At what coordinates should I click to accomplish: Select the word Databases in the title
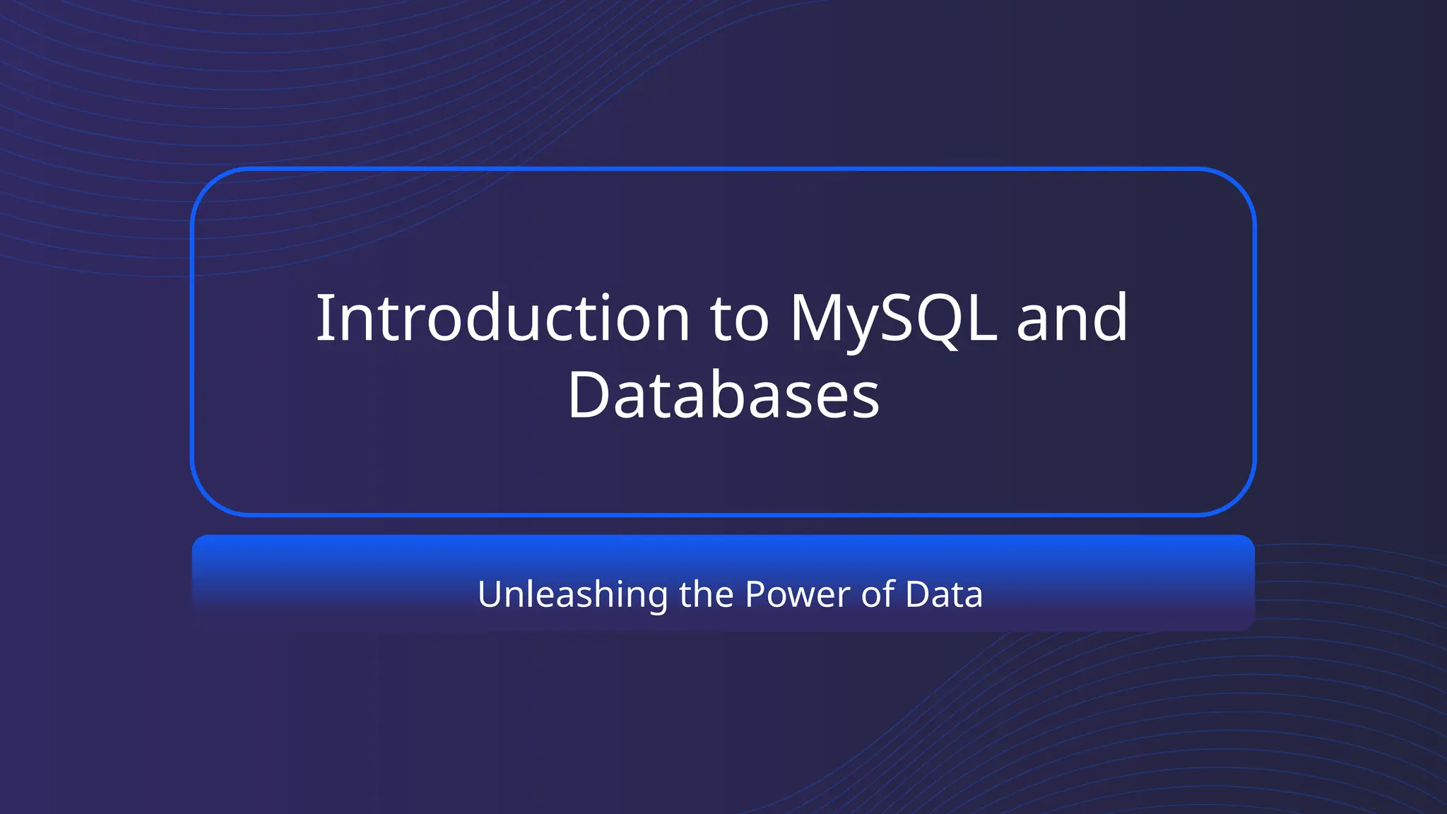(723, 395)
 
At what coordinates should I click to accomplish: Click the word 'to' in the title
(739, 319)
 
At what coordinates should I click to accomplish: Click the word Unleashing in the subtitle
(572, 594)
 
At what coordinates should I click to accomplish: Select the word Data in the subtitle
(944, 594)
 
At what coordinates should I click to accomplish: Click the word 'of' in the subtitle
(878, 594)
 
